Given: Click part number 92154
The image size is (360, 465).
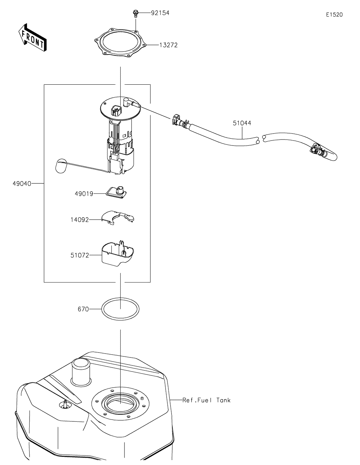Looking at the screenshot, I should click(x=160, y=13).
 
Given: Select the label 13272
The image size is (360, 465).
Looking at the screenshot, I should click(x=168, y=45).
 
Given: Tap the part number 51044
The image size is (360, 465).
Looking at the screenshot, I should click(x=242, y=123).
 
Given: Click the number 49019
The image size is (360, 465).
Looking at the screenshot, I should click(x=84, y=194).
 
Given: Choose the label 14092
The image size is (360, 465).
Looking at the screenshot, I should click(x=79, y=220).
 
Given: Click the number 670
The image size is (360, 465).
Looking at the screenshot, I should click(x=83, y=310).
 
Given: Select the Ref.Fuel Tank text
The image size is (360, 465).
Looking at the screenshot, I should click(x=206, y=400).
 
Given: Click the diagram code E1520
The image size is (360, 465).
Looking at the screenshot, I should click(x=334, y=15).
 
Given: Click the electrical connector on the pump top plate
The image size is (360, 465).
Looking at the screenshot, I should click(x=116, y=110).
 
